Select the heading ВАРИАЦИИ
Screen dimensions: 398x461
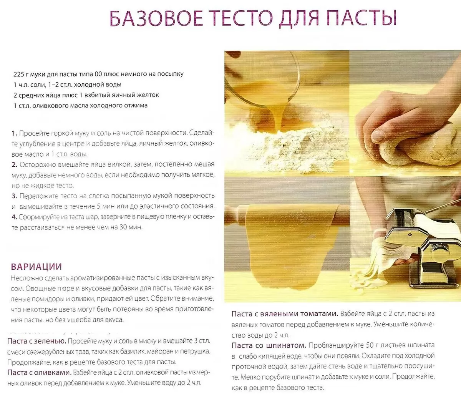(x=36, y=267)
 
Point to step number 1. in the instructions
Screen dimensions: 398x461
(x=15, y=133)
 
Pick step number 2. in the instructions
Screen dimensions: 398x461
(x=15, y=164)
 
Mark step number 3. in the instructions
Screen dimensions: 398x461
(x=15, y=196)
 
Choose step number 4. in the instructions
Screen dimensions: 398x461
(x=15, y=217)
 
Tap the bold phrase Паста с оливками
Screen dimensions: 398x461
(x=39, y=372)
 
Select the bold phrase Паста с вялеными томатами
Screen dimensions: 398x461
(x=285, y=314)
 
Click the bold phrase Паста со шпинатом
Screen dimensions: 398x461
(x=269, y=345)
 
